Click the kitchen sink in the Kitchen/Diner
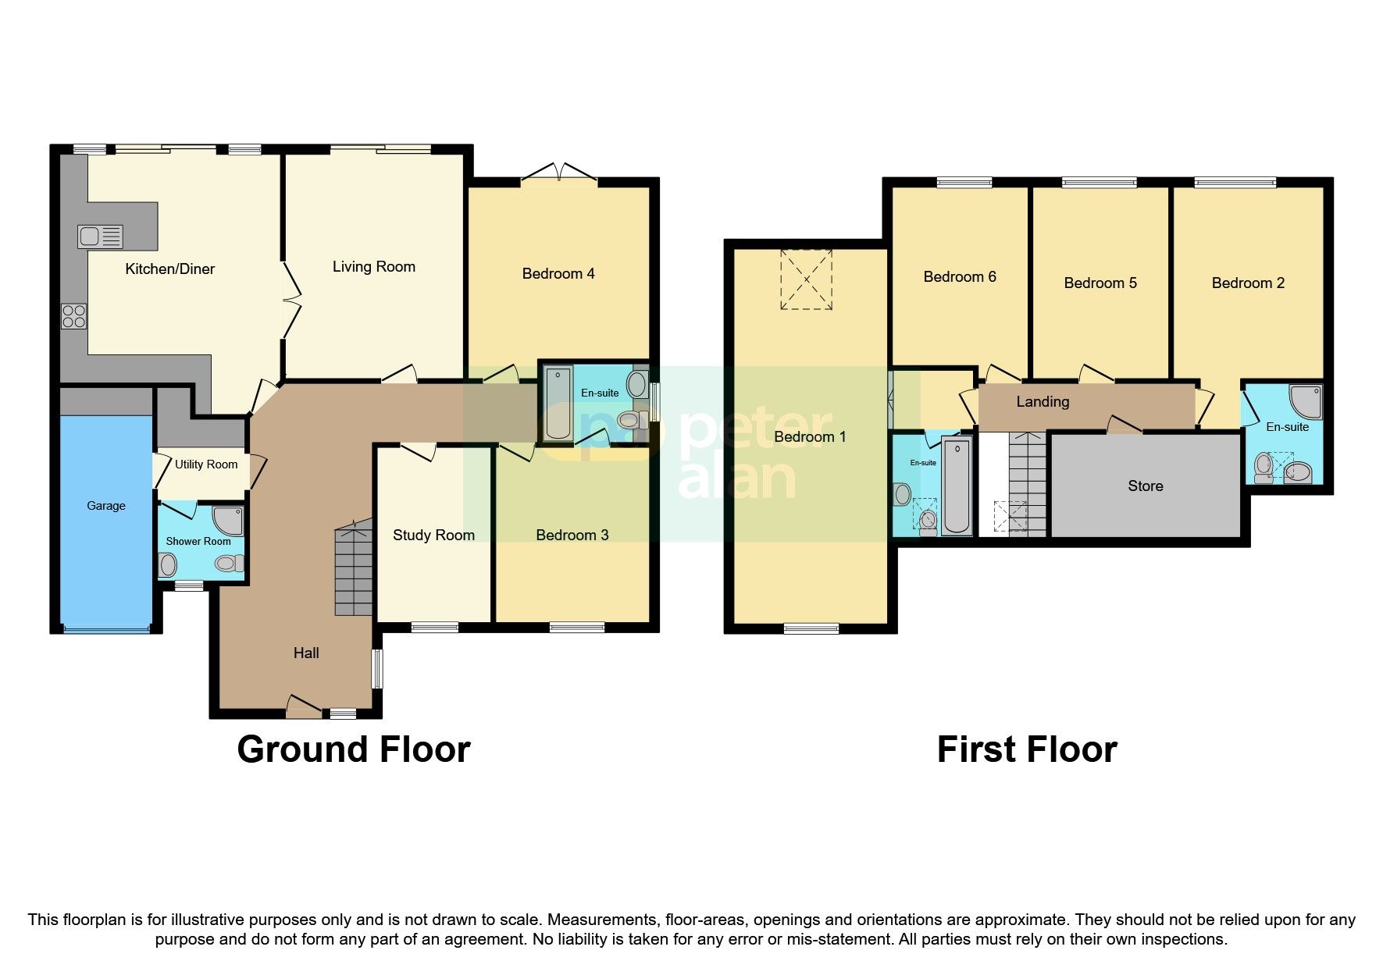tap(100, 236)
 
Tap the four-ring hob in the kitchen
tap(74, 316)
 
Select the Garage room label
tap(106, 506)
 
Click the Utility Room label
tap(205, 464)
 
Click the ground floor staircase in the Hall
tap(354, 570)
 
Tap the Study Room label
tap(433, 535)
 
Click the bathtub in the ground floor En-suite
tap(557, 402)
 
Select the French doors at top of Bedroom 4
tap(559, 173)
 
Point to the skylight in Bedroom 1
tap(806, 279)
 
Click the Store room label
tap(1145, 486)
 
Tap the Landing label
tap(1043, 402)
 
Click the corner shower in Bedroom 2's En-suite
tap(1306, 400)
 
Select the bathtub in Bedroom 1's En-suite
tap(956, 486)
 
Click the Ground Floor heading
tap(353, 749)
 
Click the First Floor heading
tap(1026, 749)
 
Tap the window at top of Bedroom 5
tap(1099, 183)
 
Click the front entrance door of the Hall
tap(304, 706)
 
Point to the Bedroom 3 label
tap(572, 535)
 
